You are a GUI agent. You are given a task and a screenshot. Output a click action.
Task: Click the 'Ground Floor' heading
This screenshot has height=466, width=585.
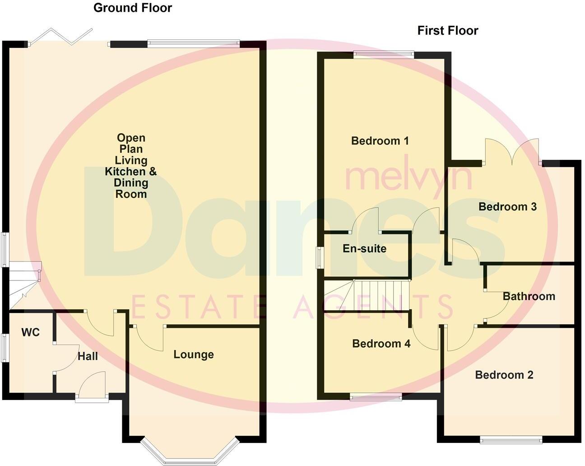point(132,8)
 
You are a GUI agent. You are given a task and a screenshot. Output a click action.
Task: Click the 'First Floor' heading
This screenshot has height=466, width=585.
point(447,30)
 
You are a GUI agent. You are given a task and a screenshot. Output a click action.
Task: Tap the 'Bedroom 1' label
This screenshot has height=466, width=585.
point(380,141)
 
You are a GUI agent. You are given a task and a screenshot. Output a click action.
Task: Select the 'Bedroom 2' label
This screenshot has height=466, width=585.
point(504,375)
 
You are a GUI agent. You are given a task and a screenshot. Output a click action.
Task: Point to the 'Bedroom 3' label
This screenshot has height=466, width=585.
point(507,207)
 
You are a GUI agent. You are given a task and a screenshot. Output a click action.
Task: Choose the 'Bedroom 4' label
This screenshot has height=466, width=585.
point(381,344)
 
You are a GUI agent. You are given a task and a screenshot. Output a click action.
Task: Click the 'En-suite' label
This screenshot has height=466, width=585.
point(364,248)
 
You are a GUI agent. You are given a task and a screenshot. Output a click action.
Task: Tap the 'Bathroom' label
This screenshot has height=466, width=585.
point(529,296)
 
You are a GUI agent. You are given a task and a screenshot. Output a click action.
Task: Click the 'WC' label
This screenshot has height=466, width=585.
point(30,332)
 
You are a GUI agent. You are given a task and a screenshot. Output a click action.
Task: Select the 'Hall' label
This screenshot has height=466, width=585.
point(88,356)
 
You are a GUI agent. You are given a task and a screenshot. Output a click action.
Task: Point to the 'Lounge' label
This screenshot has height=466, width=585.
point(193,354)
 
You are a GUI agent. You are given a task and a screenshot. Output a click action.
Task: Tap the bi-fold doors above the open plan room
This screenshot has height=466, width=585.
point(61,36)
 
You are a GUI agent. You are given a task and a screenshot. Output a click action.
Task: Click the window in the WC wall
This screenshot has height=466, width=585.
point(4,348)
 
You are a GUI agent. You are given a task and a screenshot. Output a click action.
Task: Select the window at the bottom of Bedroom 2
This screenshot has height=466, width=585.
point(511,439)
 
